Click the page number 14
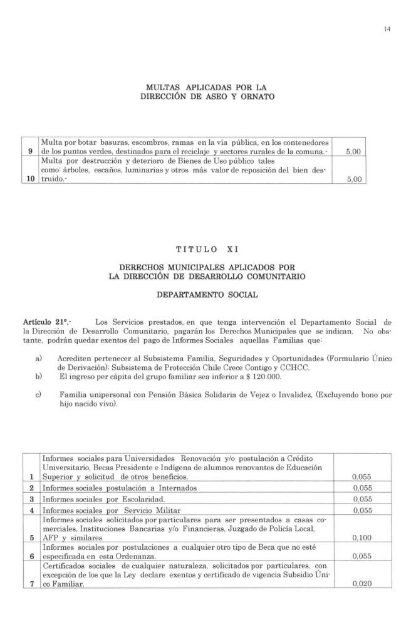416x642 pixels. (388, 27)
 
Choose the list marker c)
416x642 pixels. (39, 396)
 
